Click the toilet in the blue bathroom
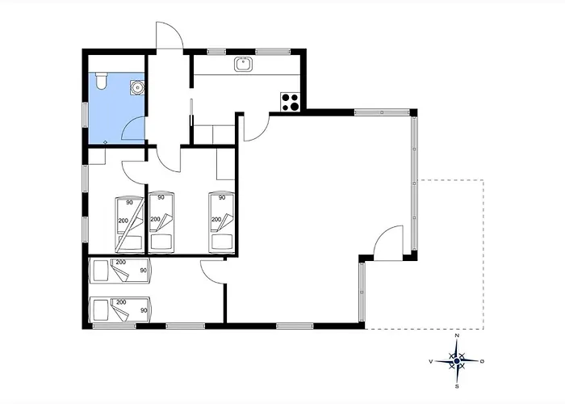click(101, 81)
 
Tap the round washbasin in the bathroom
click(137, 87)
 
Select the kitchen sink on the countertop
click(244, 65)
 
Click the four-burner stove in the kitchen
click(290, 102)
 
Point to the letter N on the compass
click(458, 335)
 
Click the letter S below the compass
click(457, 386)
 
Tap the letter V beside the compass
click(430, 361)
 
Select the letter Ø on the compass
click(483, 361)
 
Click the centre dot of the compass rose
click(457, 360)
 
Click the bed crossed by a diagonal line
click(129, 225)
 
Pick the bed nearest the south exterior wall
click(120, 309)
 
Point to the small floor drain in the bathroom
click(105, 142)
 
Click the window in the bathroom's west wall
click(85, 115)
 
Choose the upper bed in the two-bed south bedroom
click(120, 271)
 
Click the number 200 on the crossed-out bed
click(123, 221)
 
